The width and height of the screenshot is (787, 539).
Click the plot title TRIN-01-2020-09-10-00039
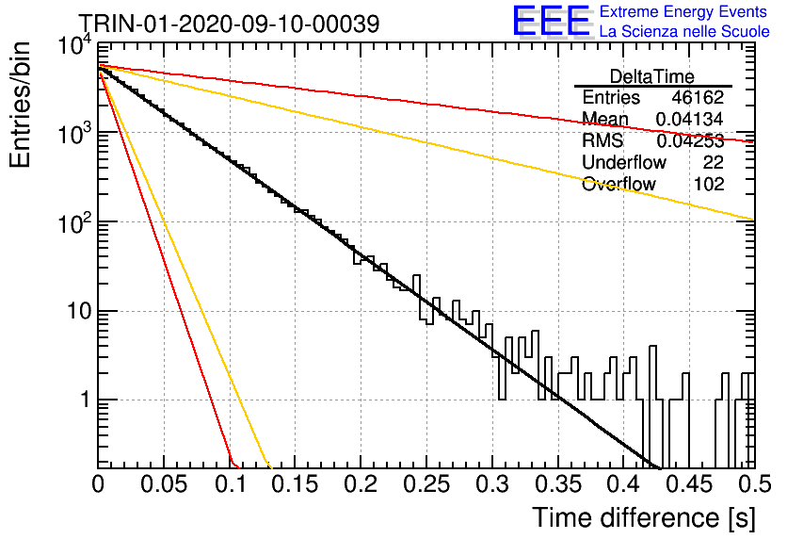point(230,24)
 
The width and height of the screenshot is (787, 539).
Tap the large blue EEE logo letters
point(551,21)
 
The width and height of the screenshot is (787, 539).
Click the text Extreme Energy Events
point(683,11)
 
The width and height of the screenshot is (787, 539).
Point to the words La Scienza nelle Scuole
point(684,31)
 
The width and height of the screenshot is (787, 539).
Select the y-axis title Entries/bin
point(20,105)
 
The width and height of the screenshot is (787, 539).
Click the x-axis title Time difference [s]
point(644,517)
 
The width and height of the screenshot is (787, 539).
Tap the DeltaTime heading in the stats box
point(652,76)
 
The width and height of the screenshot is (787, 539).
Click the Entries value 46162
point(698,97)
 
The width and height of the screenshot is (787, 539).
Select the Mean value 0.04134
point(690,119)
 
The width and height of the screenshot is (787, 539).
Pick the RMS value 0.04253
point(690,140)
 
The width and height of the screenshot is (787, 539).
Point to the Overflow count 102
point(709,184)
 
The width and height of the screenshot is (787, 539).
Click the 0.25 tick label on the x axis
point(426,484)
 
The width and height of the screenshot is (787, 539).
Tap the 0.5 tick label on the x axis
point(754,484)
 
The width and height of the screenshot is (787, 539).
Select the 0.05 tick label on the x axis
point(164,484)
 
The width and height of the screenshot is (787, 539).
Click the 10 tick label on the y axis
point(79,312)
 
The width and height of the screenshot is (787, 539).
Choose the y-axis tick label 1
point(85,400)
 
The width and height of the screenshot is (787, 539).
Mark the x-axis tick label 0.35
point(558,484)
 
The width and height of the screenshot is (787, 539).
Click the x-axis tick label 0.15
point(296,484)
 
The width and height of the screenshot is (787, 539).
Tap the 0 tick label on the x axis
point(98,484)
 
